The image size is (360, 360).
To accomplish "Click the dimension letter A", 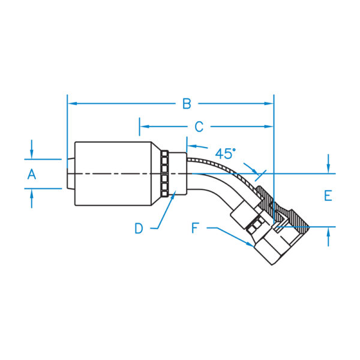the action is (x=32, y=174).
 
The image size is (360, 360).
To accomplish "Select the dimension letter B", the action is (x=187, y=104).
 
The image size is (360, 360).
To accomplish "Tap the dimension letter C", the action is (x=199, y=127).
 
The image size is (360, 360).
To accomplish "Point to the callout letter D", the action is (x=139, y=229).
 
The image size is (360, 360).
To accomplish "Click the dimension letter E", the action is (x=328, y=196).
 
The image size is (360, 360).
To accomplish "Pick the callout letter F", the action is (x=195, y=228).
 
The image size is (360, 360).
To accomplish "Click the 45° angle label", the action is (x=225, y=154).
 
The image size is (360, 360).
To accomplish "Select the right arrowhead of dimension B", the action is (x=269, y=104).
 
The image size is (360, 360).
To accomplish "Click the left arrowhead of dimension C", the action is (x=145, y=127).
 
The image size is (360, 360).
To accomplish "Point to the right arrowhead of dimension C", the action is (x=269, y=127).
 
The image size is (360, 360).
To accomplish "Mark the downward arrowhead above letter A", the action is (x=32, y=154).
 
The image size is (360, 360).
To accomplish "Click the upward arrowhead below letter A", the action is (x=32, y=193).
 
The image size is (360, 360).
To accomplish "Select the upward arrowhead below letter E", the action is (x=328, y=232).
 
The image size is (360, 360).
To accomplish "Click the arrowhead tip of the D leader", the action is (x=176, y=191).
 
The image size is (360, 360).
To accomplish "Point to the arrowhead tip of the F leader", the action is (x=254, y=247).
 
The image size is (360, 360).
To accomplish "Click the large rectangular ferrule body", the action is (x=113, y=173).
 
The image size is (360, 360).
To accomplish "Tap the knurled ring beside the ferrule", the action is (x=164, y=173).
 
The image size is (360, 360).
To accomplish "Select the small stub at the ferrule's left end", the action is (x=71, y=173).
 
